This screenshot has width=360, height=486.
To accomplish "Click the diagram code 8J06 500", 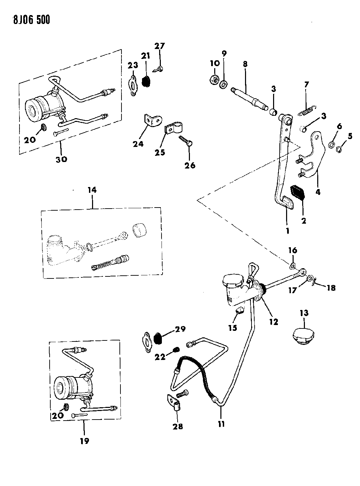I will point(26,20).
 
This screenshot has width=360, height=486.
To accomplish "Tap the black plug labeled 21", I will point(146,81).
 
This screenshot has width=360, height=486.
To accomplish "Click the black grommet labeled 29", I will point(158,339).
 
